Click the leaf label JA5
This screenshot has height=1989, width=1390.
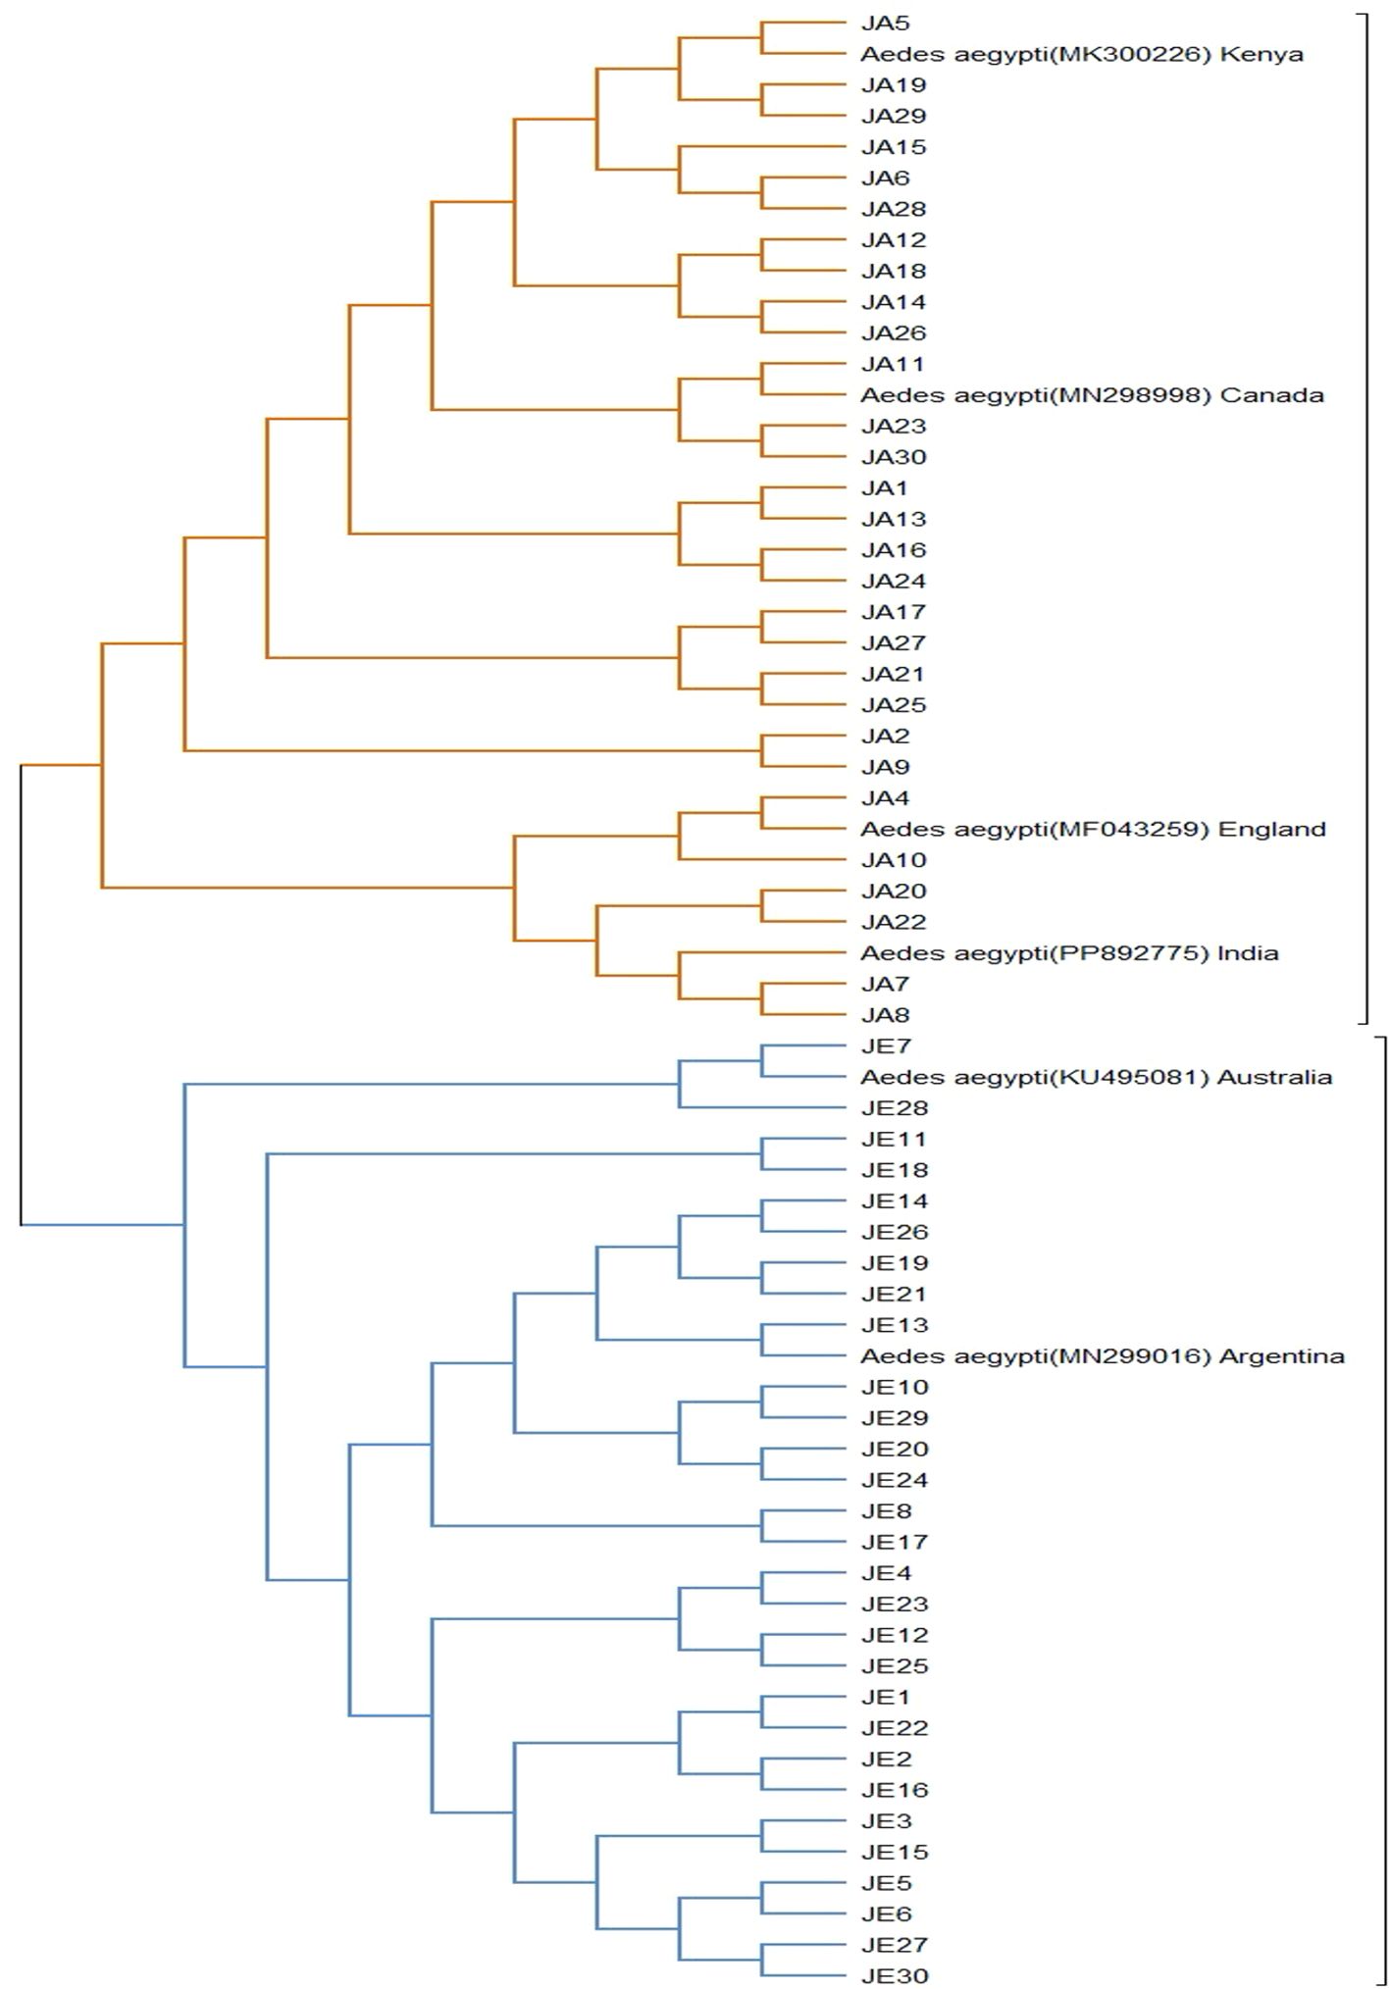[885, 23]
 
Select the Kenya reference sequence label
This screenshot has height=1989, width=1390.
[1081, 54]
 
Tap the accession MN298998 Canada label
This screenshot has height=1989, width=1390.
[1092, 395]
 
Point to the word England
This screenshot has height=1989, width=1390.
[1271, 829]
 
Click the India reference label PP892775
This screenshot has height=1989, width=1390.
[1069, 953]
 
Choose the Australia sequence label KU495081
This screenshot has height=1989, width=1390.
[1096, 1077]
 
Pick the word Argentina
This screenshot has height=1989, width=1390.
[1281, 1356]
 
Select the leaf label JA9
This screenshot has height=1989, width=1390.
[885, 767]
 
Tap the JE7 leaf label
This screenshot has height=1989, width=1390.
[886, 1046]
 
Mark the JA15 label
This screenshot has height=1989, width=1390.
[894, 147]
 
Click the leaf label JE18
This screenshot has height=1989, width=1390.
[894, 1170]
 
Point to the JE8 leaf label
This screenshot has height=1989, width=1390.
[886, 1511]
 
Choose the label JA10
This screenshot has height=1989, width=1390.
[894, 860]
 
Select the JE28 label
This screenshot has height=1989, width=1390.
[894, 1108]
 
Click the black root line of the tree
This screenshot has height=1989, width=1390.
[21, 991]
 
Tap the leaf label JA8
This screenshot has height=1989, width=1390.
[885, 1015]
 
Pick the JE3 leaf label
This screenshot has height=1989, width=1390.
[886, 1821]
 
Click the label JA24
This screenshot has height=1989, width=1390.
[894, 581]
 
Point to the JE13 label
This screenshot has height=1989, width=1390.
[894, 1325]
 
